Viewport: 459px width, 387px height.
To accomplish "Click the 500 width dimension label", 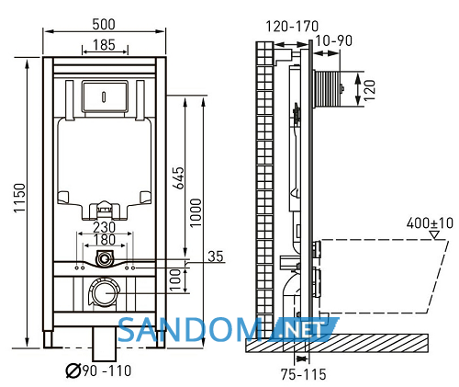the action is pyautogui.click(x=104, y=25).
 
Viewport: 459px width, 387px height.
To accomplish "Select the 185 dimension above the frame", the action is pyautogui.click(x=104, y=45).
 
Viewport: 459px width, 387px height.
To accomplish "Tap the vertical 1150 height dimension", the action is pyautogui.click(x=19, y=198).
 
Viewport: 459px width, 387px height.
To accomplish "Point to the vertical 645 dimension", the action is pyautogui.click(x=179, y=177).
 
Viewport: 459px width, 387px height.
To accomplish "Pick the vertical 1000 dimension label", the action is pyautogui.click(x=196, y=212).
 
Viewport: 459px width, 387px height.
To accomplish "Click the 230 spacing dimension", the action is pyautogui.click(x=105, y=227).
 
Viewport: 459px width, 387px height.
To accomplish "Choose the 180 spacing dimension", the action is pyautogui.click(x=105, y=240).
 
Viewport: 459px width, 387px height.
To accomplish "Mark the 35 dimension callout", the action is pyautogui.click(x=216, y=256).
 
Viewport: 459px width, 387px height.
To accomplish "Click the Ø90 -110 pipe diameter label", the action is pyautogui.click(x=98, y=370).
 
